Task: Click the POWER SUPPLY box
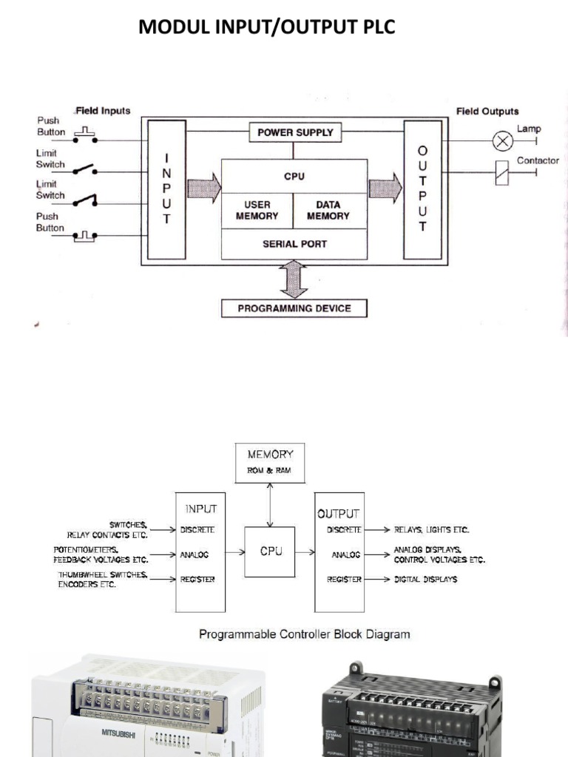tap(294, 133)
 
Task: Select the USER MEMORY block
tap(257, 211)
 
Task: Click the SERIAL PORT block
tap(294, 243)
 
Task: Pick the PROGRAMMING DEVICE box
tap(294, 308)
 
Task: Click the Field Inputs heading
tap(103, 111)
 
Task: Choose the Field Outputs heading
tap(487, 112)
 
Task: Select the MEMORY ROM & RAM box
tap(269, 461)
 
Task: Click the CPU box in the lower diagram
tap(269, 551)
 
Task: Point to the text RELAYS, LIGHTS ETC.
tap(431, 530)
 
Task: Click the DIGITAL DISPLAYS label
tap(425, 580)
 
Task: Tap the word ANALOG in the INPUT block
tap(195, 554)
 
